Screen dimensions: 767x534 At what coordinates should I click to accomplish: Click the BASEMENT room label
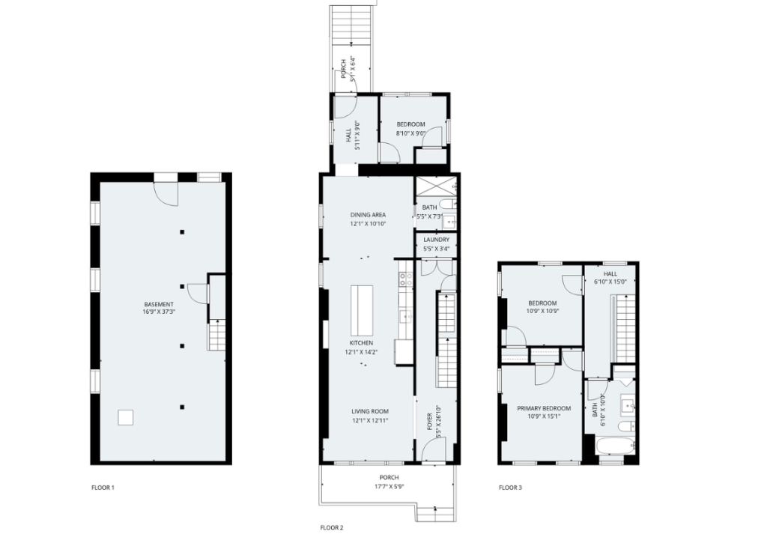pos(159,304)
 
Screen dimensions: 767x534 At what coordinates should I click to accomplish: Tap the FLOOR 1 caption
pos(103,488)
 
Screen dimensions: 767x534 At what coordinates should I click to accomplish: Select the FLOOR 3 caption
pos(510,488)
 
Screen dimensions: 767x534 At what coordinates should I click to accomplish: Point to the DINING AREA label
pos(368,215)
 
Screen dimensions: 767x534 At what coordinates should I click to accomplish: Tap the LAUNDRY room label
pos(437,240)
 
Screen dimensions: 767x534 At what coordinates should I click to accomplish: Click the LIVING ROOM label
pos(370,412)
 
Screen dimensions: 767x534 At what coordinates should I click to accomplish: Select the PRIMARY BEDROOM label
pos(544,409)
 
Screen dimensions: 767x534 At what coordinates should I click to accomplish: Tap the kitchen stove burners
pos(406,279)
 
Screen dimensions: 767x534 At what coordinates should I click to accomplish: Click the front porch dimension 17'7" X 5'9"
pos(389,487)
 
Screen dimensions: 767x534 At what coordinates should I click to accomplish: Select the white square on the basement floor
pos(126,418)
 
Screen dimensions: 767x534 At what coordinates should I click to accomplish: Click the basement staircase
pos(216,335)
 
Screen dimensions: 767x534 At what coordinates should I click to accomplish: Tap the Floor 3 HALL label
pos(610,274)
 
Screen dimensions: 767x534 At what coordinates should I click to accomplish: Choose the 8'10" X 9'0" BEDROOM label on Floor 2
pos(411,124)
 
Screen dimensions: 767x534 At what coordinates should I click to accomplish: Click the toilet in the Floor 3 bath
pos(626,427)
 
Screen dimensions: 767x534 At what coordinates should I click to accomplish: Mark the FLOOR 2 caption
pos(332,528)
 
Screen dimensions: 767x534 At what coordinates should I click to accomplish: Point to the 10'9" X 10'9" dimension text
pos(542,311)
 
